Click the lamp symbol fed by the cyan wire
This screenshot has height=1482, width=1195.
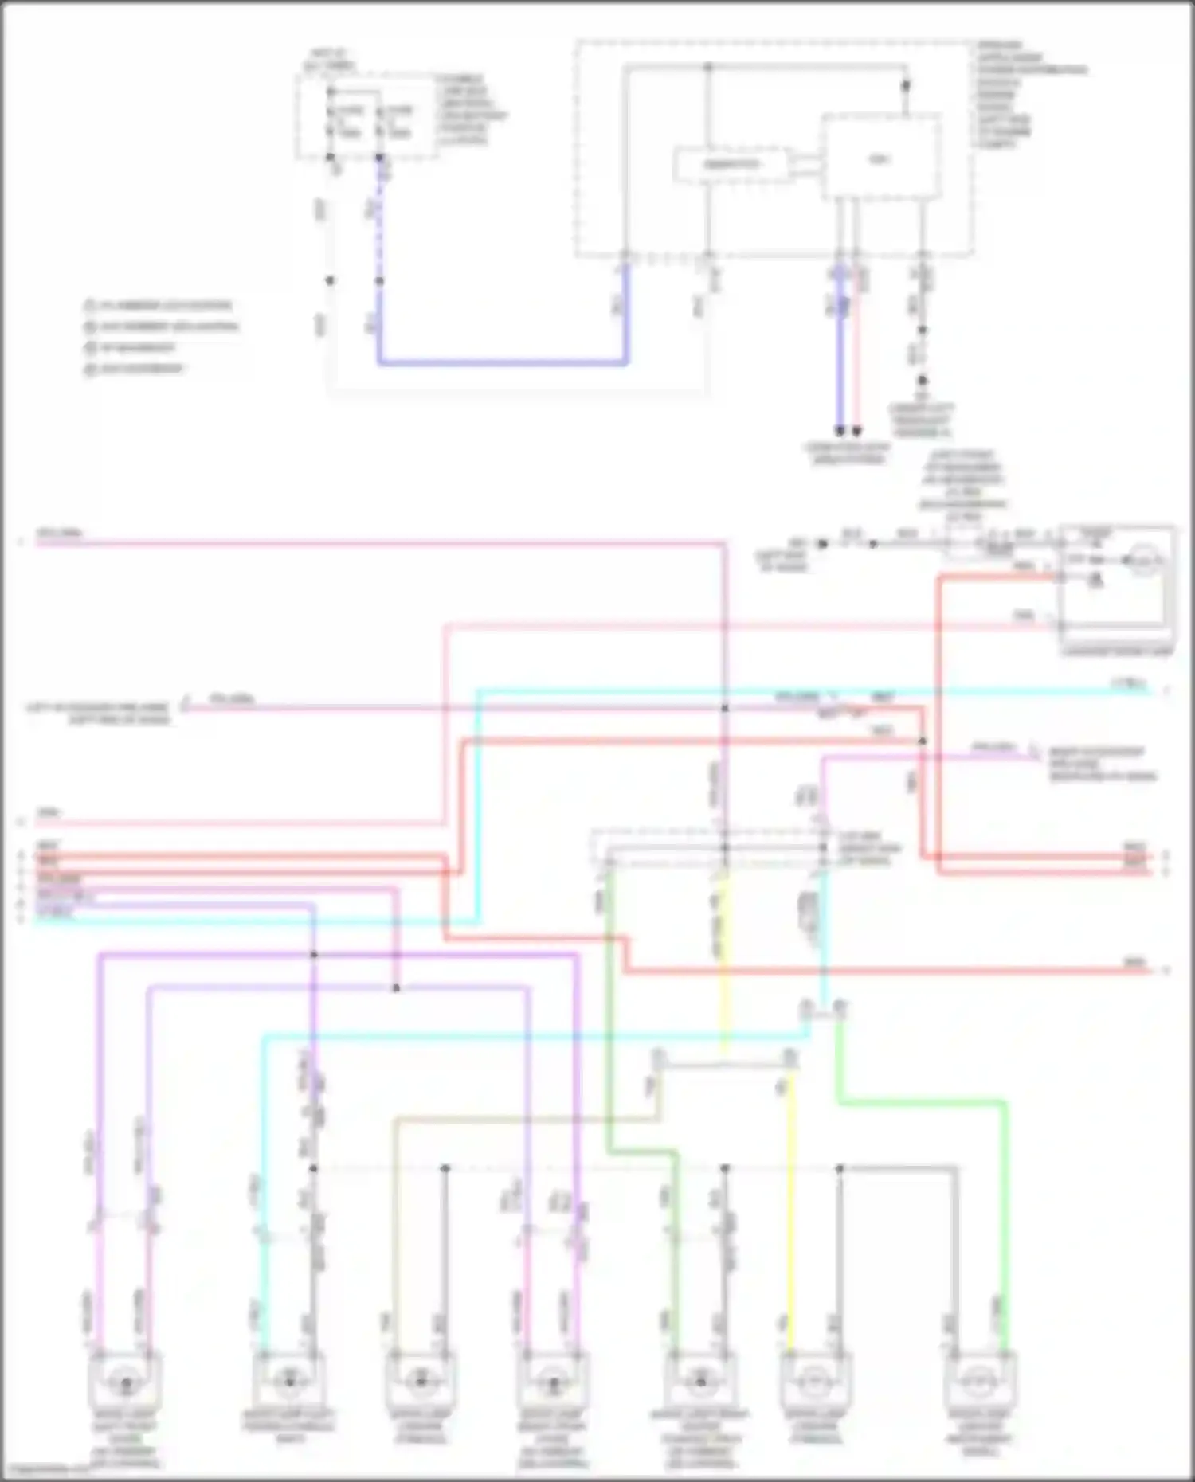click(288, 1381)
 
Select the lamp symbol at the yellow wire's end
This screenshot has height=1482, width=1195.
click(814, 1381)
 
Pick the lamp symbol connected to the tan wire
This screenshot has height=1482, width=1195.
click(419, 1381)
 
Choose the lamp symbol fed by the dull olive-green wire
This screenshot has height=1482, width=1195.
click(700, 1381)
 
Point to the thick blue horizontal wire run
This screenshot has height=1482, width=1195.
click(502, 363)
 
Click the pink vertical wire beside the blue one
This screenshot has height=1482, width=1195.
click(856, 350)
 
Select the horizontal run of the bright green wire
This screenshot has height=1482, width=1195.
click(920, 1103)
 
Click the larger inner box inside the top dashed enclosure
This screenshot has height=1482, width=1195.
click(880, 157)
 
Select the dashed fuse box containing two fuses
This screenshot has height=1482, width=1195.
click(367, 117)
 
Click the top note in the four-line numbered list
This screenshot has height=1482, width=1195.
click(159, 306)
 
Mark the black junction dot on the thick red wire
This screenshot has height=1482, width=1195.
click(923, 741)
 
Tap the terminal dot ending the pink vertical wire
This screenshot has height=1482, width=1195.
click(857, 431)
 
